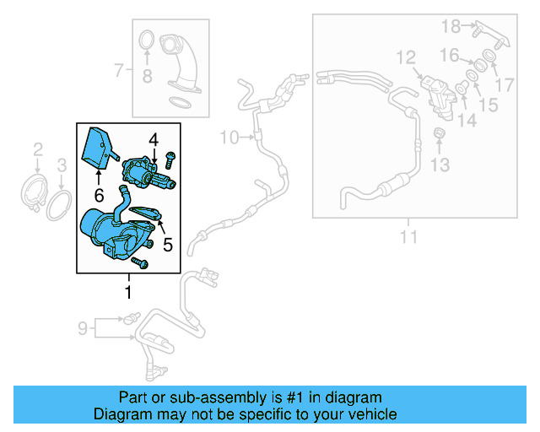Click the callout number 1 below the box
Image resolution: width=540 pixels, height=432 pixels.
click(x=128, y=293)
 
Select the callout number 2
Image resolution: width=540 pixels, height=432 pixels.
click(x=38, y=151)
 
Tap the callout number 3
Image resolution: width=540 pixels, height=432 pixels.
click(x=62, y=165)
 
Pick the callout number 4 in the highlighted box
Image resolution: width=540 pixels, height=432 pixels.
click(x=154, y=139)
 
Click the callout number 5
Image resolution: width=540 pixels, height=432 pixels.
click(x=167, y=246)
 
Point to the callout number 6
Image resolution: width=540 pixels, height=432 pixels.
click(x=98, y=195)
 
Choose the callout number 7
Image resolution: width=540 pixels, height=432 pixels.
click(x=119, y=70)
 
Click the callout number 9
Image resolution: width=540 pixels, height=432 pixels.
click(x=83, y=327)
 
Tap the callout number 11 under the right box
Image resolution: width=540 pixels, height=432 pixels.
click(x=408, y=237)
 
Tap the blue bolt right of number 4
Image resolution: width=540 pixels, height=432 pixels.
click(x=171, y=157)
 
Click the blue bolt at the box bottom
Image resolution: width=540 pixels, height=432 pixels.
click(x=140, y=264)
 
